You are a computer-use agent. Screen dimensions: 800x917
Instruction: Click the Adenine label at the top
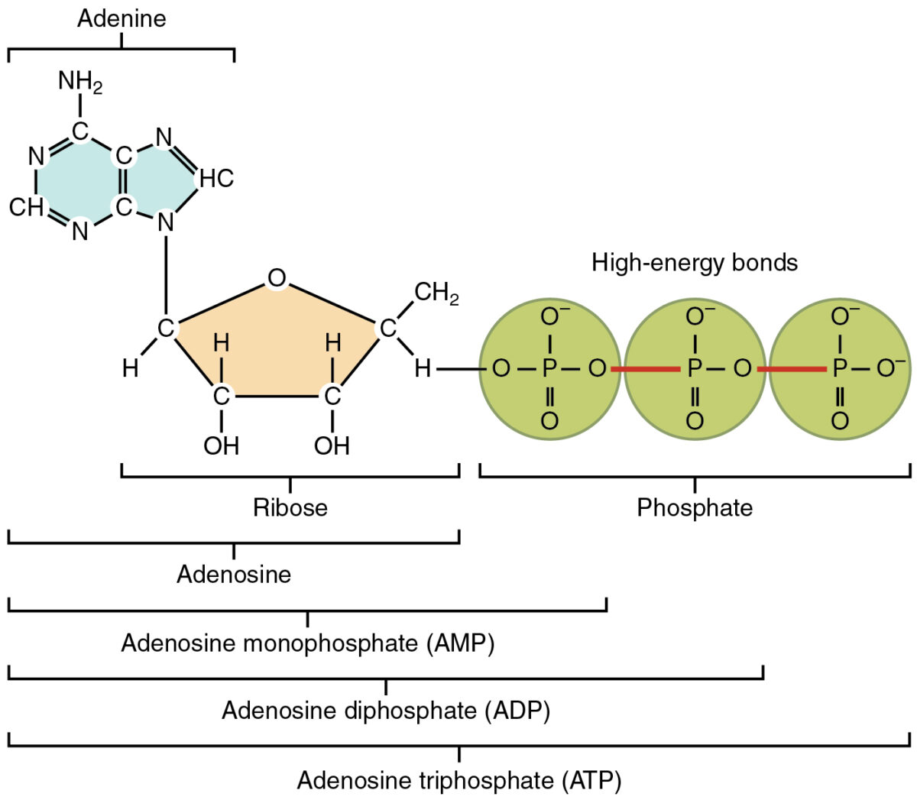click(122, 18)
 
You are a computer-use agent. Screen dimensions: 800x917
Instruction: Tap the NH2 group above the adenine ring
click(79, 82)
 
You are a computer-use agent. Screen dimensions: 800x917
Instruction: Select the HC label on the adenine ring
click(216, 179)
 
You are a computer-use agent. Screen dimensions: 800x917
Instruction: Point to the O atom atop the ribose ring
click(277, 279)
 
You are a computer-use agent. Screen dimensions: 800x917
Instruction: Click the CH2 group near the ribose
click(436, 293)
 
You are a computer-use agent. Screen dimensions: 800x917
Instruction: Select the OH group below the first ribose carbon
click(221, 445)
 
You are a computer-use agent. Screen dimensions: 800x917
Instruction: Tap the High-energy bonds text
click(694, 263)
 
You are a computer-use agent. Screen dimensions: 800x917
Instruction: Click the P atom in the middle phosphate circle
click(694, 370)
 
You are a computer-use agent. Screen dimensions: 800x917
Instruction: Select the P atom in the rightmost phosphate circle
click(839, 370)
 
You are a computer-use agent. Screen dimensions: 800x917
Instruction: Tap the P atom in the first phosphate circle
click(549, 370)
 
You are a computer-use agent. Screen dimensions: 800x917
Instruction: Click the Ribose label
click(290, 507)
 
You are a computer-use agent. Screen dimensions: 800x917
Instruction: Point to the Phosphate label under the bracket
click(694, 507)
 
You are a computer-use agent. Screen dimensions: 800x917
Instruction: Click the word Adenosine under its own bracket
click(234, 574)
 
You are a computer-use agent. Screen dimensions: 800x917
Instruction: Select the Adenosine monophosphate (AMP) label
click(307, 643)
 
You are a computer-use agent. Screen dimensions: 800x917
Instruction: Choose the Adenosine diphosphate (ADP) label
click(386, 711)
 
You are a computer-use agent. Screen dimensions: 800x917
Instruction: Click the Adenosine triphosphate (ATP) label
click(458, 780)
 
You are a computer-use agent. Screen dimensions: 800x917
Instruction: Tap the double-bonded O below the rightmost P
click(839, 421)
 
